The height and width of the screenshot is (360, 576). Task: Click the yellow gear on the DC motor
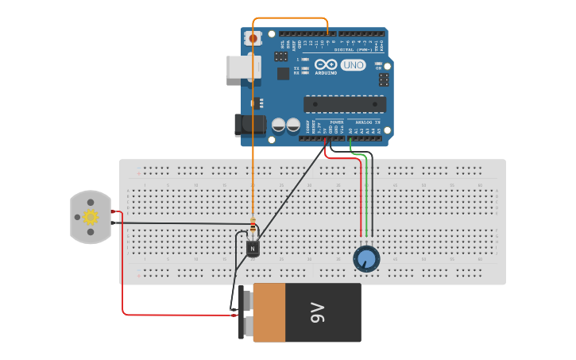tap(91, 217)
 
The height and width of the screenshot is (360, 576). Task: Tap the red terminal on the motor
tap(114, 211)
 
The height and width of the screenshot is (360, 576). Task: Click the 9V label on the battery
tap(318, 312)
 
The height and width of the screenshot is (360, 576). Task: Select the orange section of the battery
tap(269, 313)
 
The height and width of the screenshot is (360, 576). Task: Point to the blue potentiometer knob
tap(366, 258)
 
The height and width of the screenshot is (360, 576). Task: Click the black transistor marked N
tap(253, 248)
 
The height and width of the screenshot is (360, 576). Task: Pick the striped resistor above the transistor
tap(253, 226)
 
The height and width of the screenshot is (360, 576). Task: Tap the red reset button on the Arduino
tap(253, 38)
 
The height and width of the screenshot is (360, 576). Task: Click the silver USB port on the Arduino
tap(242, 67)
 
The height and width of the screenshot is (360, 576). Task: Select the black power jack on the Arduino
tap(250, 125)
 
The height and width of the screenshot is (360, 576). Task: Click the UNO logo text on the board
tap(353, 65)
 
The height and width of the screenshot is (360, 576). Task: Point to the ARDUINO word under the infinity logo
tap(326, 73)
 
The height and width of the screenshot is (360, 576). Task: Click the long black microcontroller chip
tap(345, 104)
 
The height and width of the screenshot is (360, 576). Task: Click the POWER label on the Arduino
tap(336, 122)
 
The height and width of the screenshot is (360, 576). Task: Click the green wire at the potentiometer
tap(365, 199)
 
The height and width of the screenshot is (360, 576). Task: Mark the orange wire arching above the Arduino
tap(290, 18)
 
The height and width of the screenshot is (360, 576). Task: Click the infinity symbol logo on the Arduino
tap(326, 64)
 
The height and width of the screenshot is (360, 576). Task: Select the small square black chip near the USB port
tap(283, 73)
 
